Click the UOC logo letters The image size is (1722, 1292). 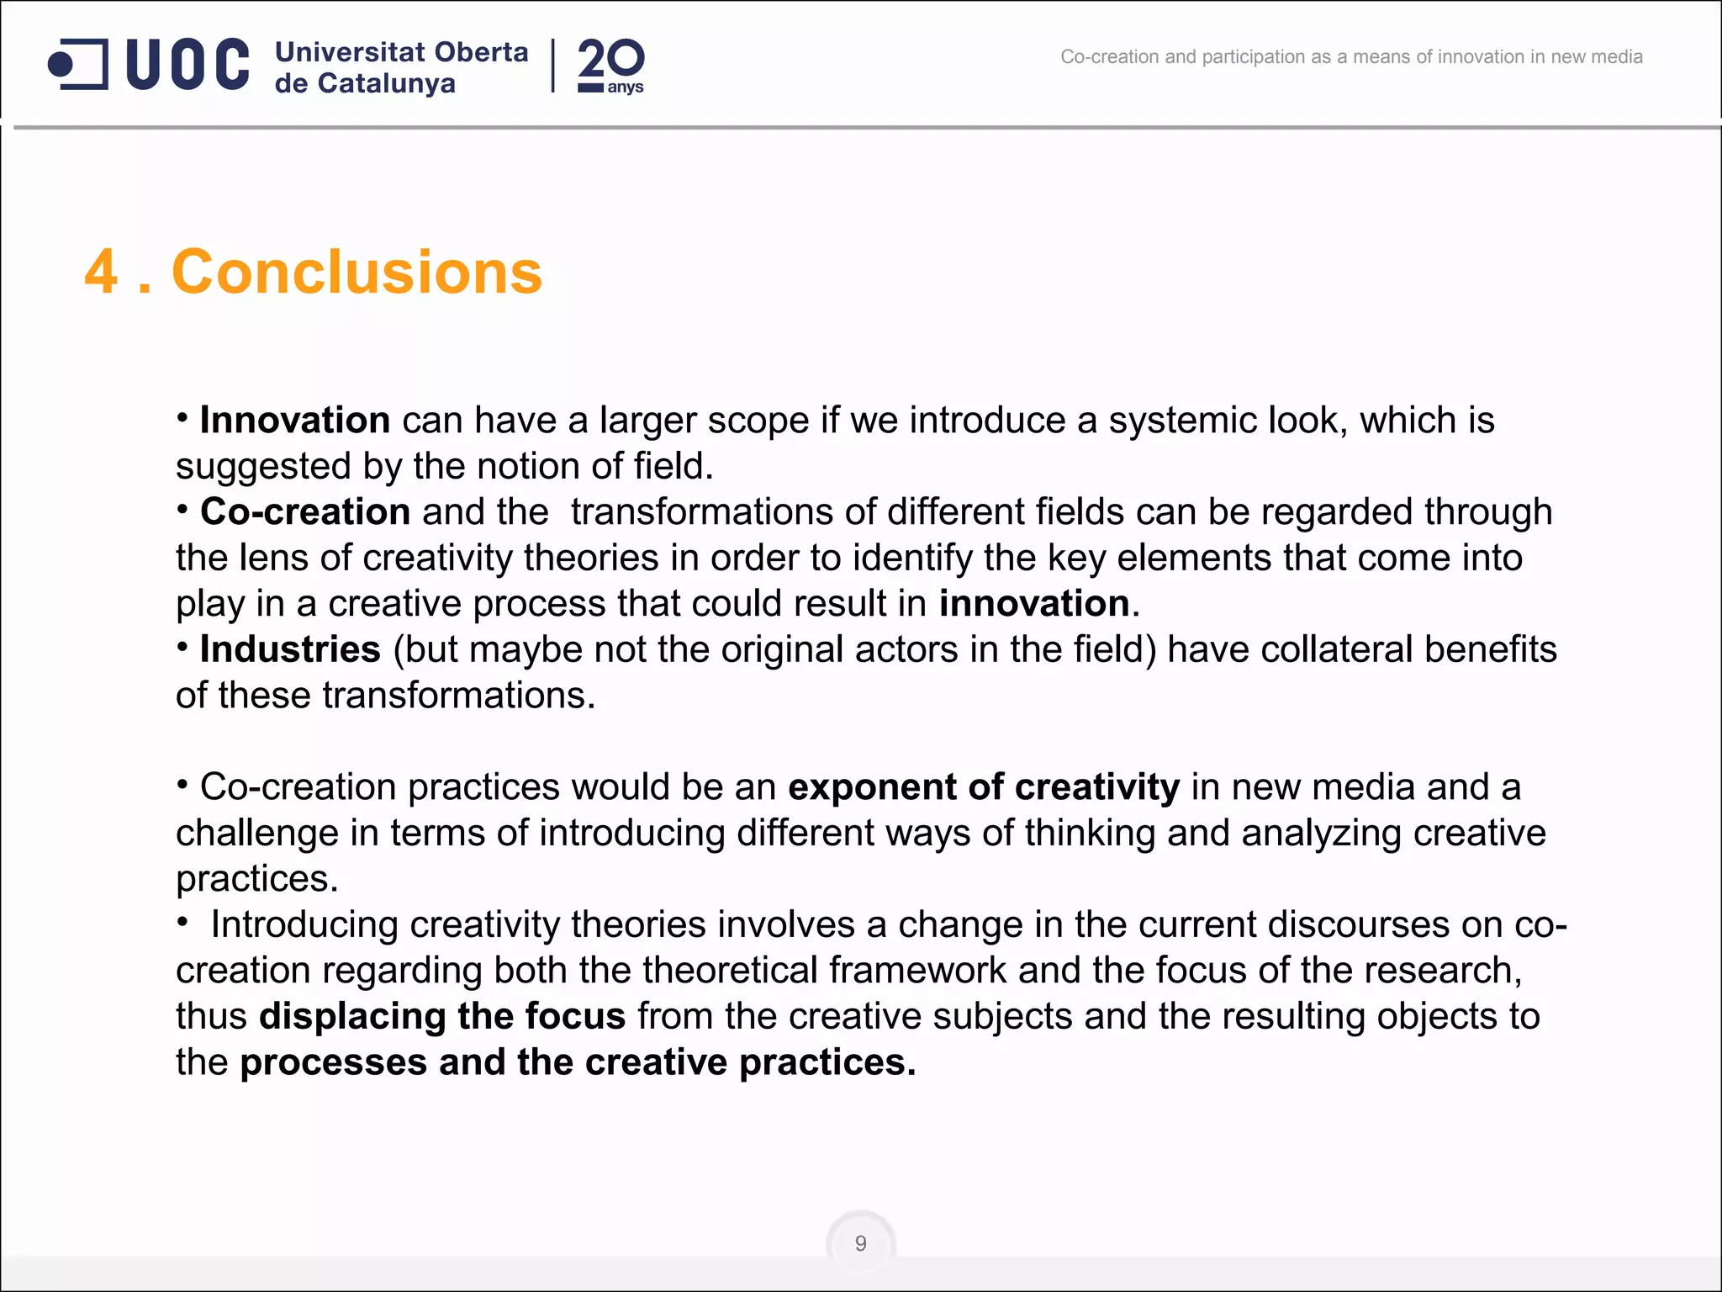188,64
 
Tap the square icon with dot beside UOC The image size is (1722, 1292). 77,64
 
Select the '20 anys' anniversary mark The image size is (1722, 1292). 610,66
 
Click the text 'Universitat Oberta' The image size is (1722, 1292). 401,52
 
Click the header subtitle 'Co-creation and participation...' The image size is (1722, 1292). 1351,57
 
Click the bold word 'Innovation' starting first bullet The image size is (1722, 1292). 294,420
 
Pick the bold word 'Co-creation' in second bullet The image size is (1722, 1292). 304,511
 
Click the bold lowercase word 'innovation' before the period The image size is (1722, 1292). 1033,603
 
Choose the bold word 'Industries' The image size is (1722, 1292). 290,649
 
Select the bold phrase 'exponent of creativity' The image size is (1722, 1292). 983,786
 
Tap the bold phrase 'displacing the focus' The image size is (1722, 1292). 442,1015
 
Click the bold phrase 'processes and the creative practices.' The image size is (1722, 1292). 578,1062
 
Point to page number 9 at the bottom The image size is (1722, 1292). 860,1243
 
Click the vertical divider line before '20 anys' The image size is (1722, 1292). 552,66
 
